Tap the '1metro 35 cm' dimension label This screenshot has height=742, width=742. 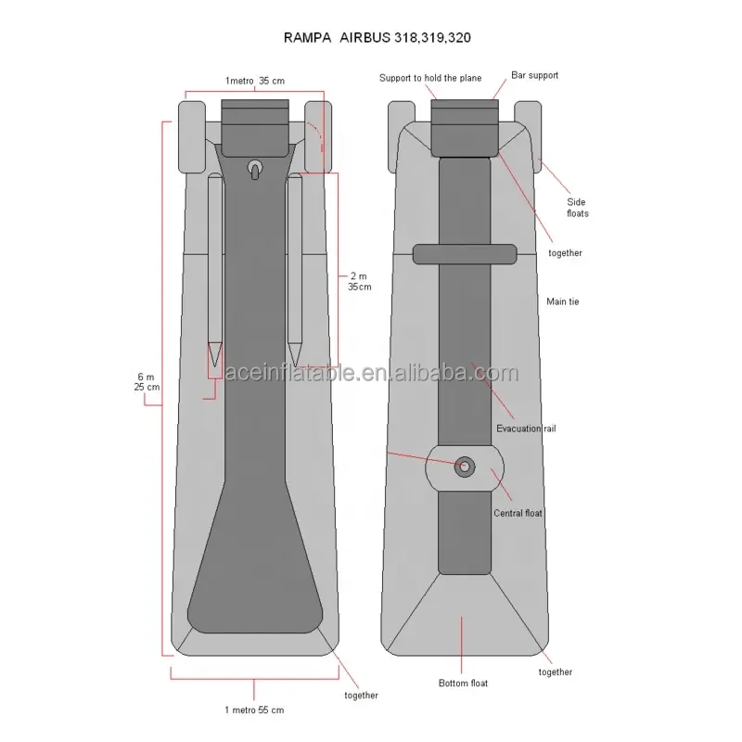tap(254, 81)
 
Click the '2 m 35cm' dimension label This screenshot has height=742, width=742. tap(360, 281)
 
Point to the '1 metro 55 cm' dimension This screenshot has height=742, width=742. tap(253, 710)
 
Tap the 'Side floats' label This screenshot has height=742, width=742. tap(578, 207)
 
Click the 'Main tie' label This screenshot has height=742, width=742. tap(562, 301)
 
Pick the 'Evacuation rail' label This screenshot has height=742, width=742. tap(526, 429)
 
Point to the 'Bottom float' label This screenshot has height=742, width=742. tap(463, 684)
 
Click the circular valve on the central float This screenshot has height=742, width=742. tap(463, 467)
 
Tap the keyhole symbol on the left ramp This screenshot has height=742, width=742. tap(254, 169)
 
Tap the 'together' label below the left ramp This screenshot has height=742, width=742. tap(360, 695)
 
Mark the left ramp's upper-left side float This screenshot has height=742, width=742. tap(191, 136)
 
